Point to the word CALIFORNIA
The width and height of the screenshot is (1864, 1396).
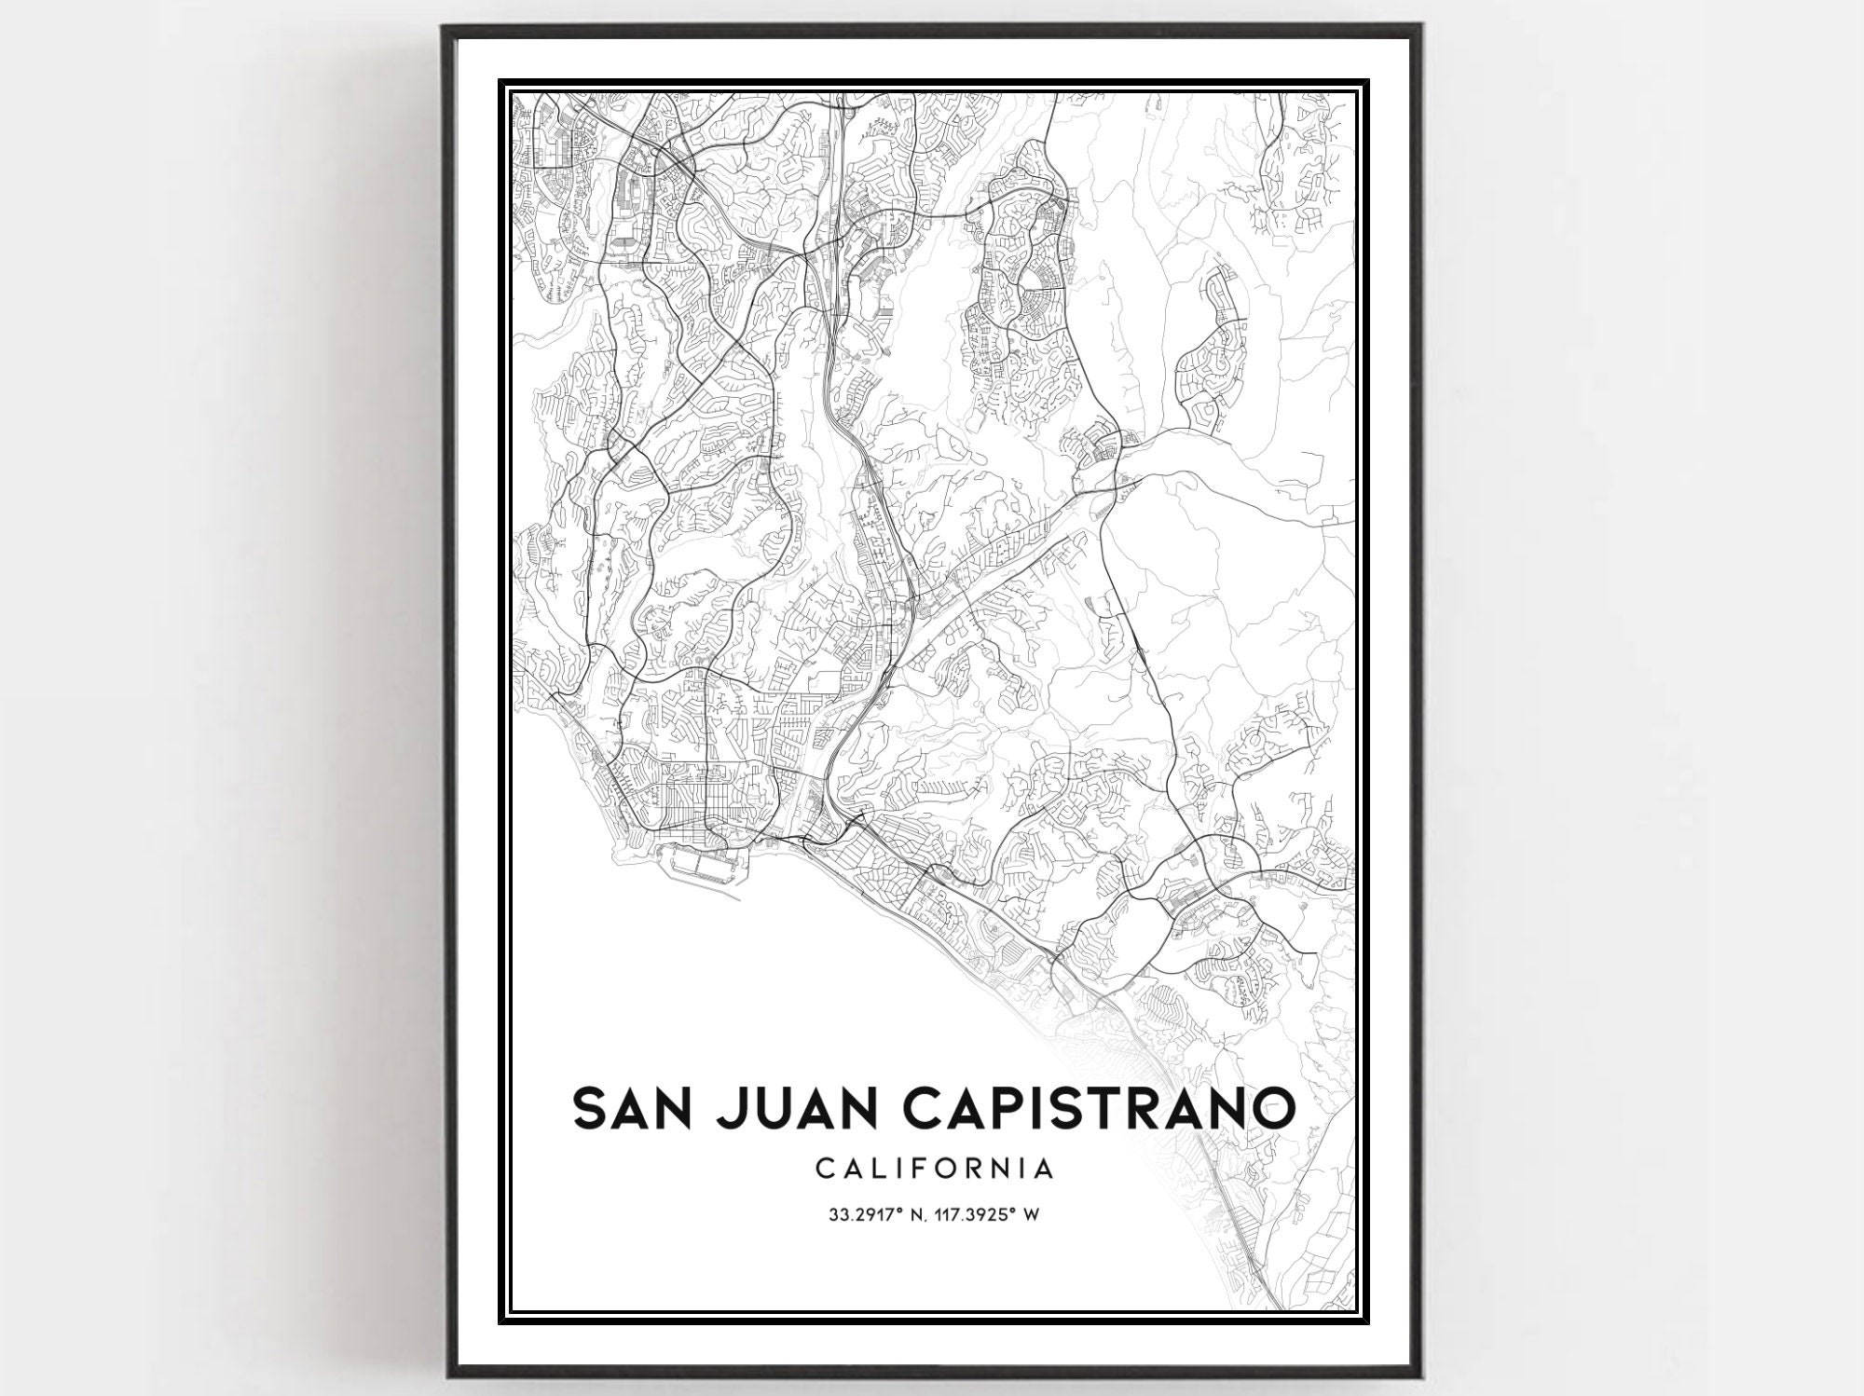click(x=934, y=1169)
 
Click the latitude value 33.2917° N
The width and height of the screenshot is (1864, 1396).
click(x=870, y=1215)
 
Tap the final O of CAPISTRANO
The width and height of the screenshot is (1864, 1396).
click(x=1270, y=1108)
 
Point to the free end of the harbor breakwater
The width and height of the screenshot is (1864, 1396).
click(x=741, y=899)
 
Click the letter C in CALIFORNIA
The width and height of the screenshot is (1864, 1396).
click(x=824, y=1169)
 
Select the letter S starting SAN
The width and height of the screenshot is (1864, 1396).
click(x=591, y=1108)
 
